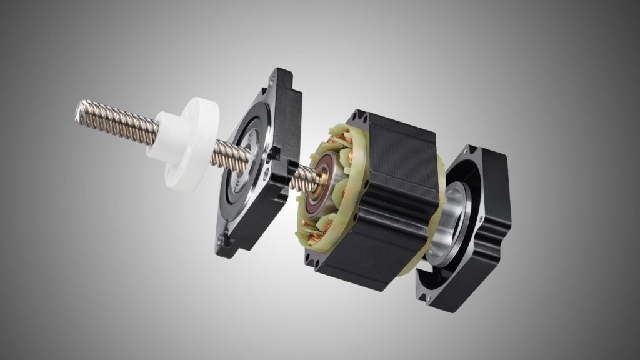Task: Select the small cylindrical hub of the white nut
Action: click(x=164, y=134)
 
